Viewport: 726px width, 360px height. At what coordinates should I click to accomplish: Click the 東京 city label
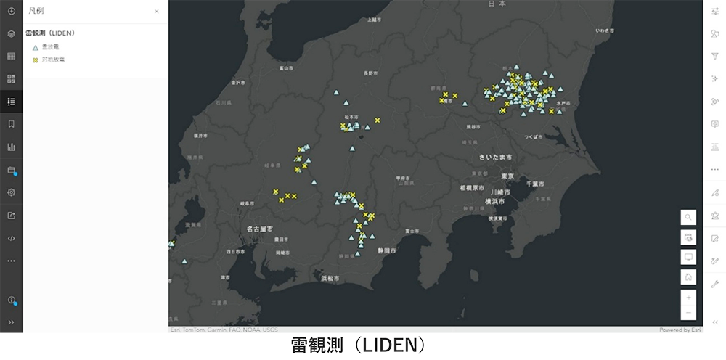(x=507, y=176)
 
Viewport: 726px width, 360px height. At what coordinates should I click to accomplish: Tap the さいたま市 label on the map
(x=495, y=157)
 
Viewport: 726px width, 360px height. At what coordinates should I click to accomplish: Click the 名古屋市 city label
(x=259, y=229)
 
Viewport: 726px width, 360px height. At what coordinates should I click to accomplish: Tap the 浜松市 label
(x=330, y=278)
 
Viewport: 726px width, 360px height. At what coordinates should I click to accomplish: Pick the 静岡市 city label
(x=386, y=250)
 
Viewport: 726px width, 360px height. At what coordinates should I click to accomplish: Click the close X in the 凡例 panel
(x=157, y=12)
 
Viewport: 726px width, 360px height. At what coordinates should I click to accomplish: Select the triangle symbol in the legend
(x=35, y=47)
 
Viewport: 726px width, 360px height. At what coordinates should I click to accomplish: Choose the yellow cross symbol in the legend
(x=35, y=60)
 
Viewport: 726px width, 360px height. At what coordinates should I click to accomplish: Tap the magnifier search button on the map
(x=688, y=217)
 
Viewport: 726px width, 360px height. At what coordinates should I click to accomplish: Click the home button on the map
(x=688, y=277)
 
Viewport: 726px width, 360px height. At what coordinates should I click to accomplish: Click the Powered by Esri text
(x=680, y=330)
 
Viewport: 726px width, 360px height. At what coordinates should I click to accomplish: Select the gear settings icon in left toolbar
(x=11, y=192)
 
